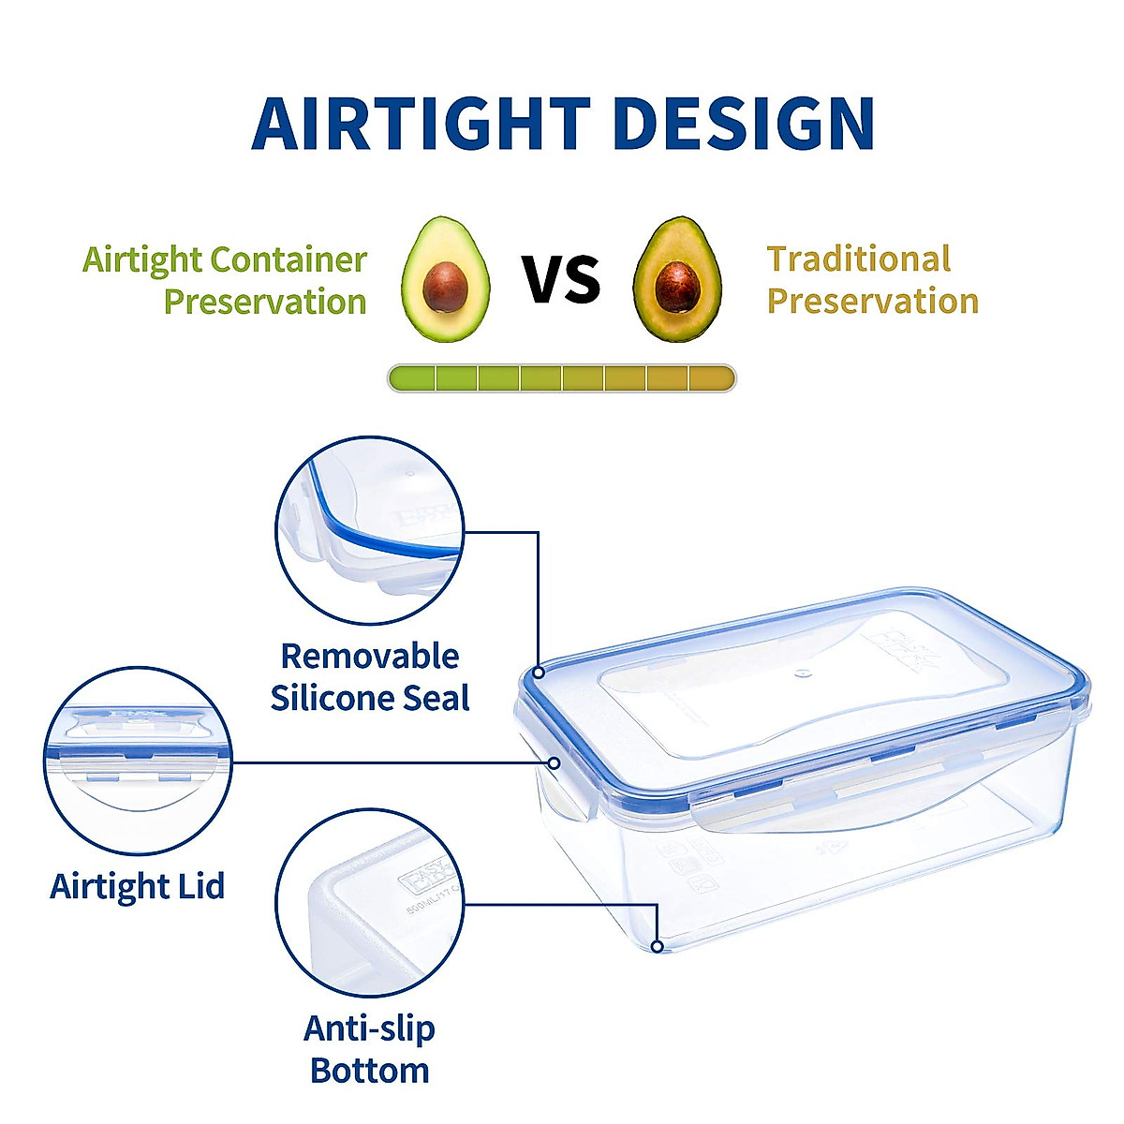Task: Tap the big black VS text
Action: pyautogui.click(x=561, y=278)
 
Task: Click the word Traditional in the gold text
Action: pyautogui.click(x=858, y=259)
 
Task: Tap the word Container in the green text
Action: pyautogui.click(x=288, y=259)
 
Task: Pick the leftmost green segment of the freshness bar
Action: pyautogui.click(x=412, y=378)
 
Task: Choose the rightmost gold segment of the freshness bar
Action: pyautogui.click(x=712, y=378)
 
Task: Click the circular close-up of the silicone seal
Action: pyautogui.click(x=370, y=529)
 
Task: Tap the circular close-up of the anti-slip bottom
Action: pyautogui.click(x=370, y=904)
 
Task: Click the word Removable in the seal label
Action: pyautogui.click(x=370, y=656)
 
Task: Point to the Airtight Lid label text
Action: pyautogui.click(x=138, y=886)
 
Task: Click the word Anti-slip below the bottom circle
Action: pyautogui.click(x=370, y=1028)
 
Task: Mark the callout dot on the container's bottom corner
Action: pyautogui.click(x=658, y=946)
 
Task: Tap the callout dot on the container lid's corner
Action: pyautogui.click(x=539, y=672)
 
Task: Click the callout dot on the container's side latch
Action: pyautogui.click(x=554, y=763)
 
